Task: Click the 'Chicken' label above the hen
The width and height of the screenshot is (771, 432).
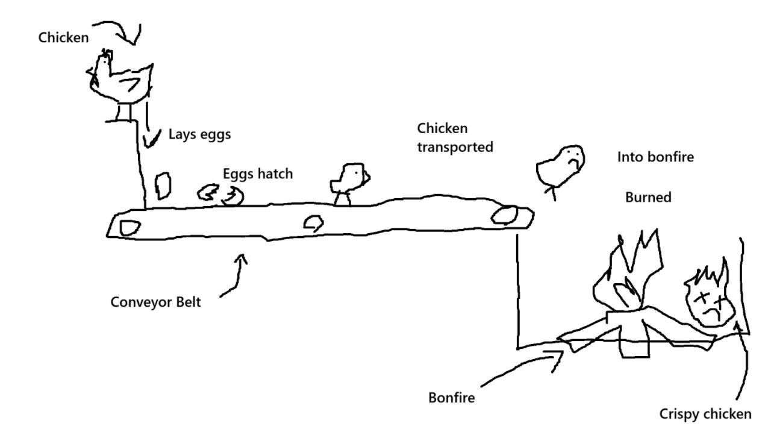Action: coord(63,38)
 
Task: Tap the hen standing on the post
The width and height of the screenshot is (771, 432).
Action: coord(119,79)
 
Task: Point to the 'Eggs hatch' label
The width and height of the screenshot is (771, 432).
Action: coord(257,174)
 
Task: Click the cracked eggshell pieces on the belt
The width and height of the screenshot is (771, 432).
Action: coord(220,194)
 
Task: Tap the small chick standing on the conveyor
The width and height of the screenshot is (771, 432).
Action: coord(348,181)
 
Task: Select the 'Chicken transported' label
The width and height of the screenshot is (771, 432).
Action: coord(455,137)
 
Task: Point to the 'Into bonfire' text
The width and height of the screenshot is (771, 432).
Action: coord(655,157)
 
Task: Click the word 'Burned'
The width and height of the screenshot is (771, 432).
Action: coord(648,197)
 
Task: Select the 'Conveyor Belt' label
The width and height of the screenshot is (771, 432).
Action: coord(155,301)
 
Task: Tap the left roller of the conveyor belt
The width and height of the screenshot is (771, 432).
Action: coord(129,228)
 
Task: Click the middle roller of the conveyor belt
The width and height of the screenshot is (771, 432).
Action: coord(313,224)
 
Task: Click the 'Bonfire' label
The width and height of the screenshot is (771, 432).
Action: coord(452,398)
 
